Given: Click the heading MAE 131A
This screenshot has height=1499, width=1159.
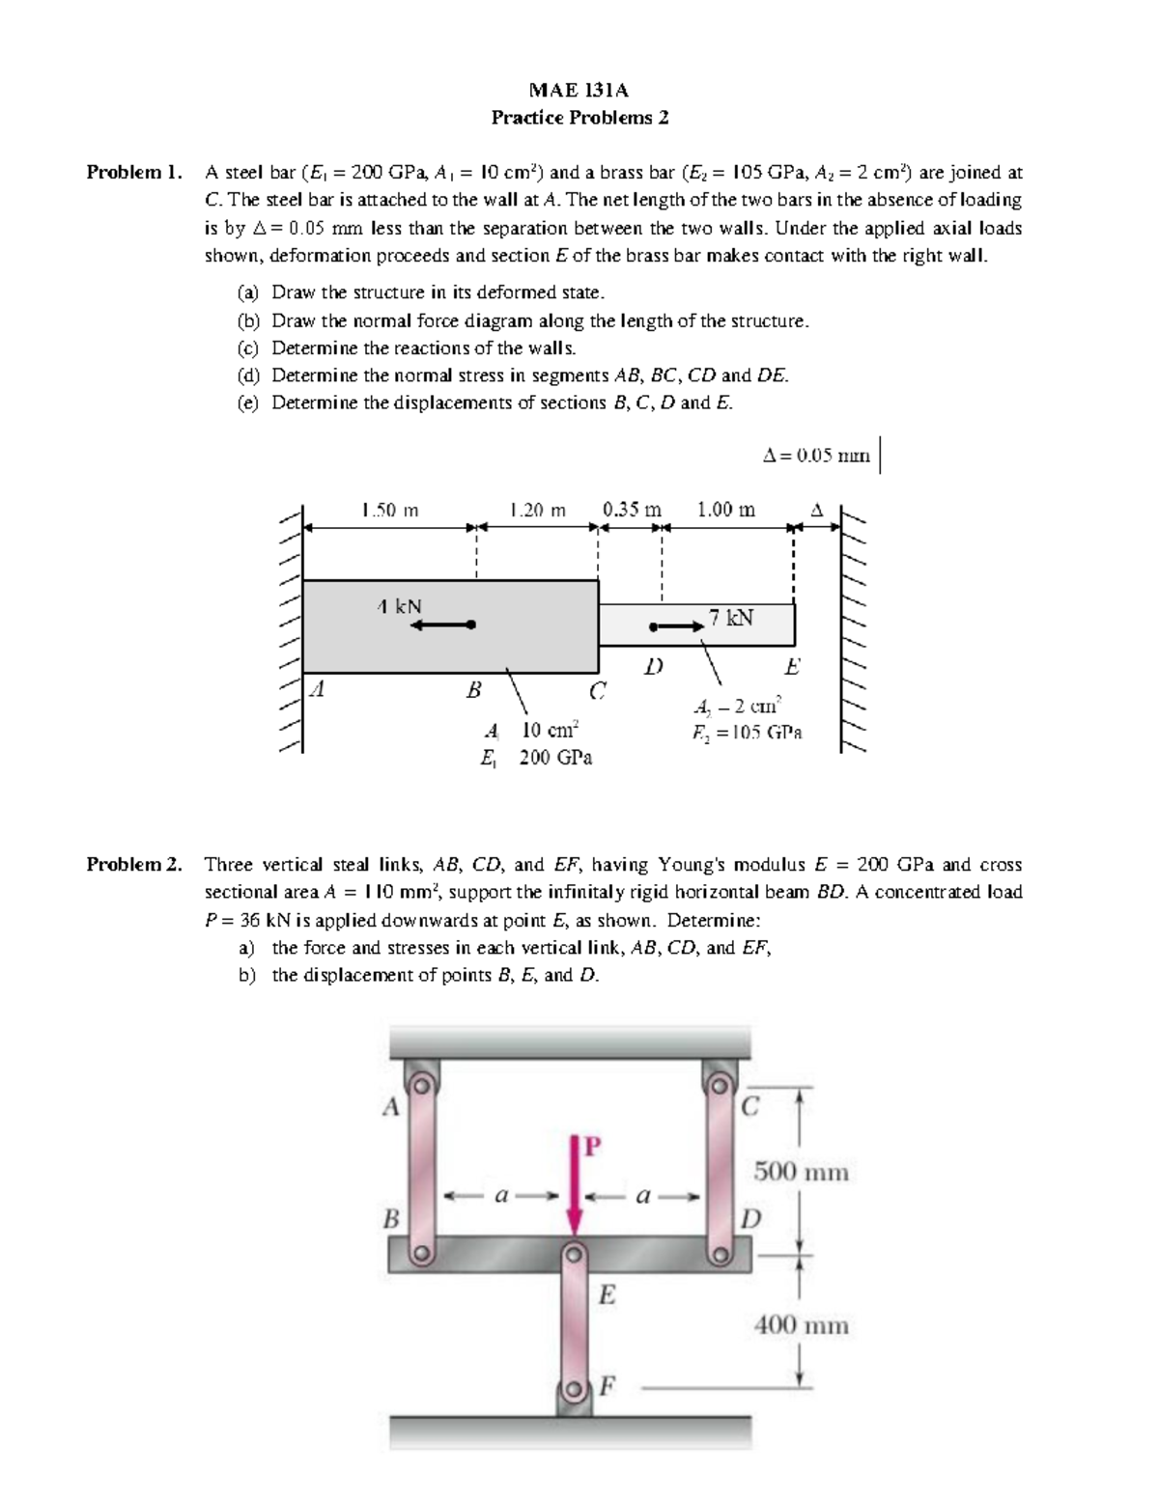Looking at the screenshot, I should [x=579, y=90].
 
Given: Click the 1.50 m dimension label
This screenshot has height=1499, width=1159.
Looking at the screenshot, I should [x=389, y=510].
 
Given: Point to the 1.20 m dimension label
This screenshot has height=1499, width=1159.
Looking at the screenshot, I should [x=537, y=510].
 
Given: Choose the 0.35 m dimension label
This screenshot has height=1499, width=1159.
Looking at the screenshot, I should [x=632, y=510].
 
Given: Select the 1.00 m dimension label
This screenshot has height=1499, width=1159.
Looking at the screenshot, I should [x=725, y=510].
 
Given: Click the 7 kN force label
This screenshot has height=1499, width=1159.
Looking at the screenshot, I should [x=731, y=618].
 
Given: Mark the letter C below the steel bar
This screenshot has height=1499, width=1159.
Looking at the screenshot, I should [x=598, y=690].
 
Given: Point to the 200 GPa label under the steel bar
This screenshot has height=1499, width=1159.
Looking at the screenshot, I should [x=555, y=758].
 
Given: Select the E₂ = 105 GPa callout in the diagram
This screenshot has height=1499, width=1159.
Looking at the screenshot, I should [x=746, y=733].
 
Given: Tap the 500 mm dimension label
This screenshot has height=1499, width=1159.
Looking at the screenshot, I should [x=801, y=1172].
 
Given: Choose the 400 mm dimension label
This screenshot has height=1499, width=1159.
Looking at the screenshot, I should [x=801, y=1325].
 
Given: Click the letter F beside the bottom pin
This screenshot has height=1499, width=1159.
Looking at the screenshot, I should [x=607, y=1387].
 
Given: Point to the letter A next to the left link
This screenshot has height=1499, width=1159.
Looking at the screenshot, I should [x=390, y=1107].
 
